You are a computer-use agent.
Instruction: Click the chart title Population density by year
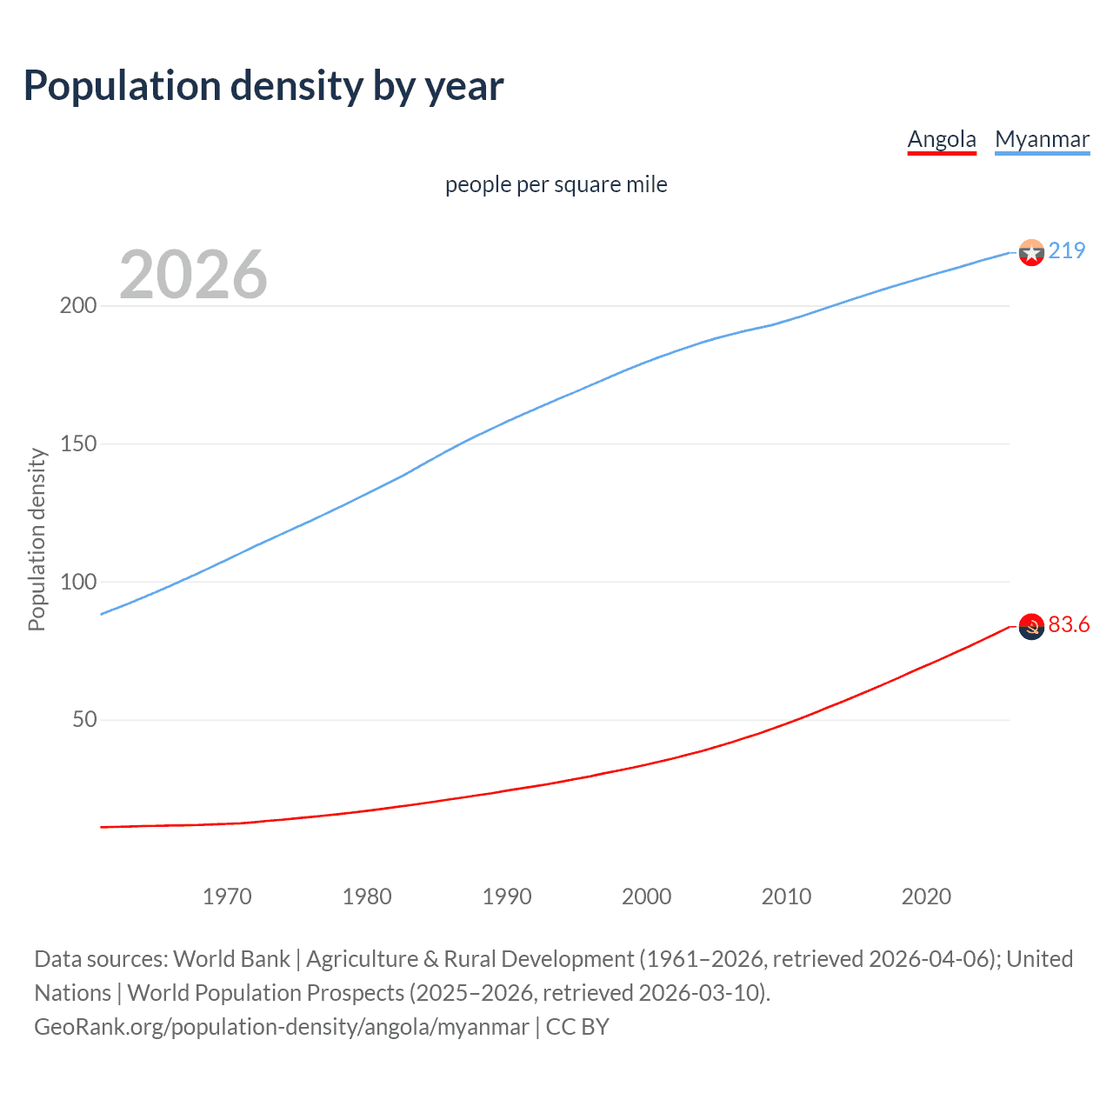[263, 85]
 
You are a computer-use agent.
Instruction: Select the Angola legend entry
[942, 139]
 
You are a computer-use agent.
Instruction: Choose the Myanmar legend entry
[1042, 139]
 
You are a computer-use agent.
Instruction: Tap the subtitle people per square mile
[556, 184]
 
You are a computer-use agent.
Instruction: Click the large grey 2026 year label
[193, 274]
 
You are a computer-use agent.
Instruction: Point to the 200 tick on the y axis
[78, 306]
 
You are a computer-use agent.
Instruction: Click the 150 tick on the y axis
[78, 444]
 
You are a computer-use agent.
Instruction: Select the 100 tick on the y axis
[78, 582]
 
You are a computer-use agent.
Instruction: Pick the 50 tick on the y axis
[84, 720]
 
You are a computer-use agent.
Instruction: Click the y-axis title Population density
[37, 539]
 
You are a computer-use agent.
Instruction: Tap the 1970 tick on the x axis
[227, 896]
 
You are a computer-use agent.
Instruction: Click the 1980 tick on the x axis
[367, 896]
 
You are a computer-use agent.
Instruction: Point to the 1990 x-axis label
[507, 896]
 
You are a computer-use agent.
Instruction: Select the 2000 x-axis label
[647, 896]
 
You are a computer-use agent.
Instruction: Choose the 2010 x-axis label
[786, 896]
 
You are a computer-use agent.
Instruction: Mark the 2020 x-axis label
[926, 896]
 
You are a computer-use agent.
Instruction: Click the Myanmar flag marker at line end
[1031, 252]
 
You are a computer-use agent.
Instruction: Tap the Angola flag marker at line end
[1031, 626]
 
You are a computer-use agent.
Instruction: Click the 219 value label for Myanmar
[1067, 250]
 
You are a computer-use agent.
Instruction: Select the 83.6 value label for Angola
[1069, 625]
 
